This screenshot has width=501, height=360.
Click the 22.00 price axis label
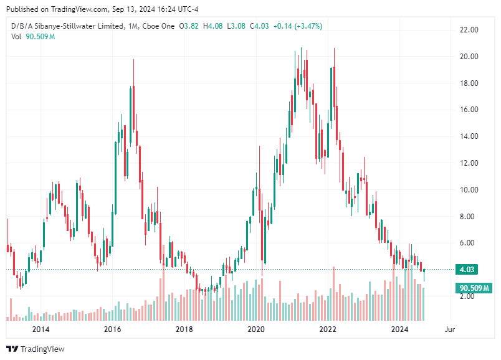point(469,30)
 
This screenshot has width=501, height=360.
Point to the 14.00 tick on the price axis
point(469,136)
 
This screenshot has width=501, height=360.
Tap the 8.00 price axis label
point(469,217)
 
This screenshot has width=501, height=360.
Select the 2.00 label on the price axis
point(469,296)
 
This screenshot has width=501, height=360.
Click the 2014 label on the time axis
point(41,329)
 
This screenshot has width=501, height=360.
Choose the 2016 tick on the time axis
point(112,329)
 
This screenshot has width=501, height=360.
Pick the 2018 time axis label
point(184,329)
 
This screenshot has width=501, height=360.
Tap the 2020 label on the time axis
point(255,329)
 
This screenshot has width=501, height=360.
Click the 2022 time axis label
point(328,329)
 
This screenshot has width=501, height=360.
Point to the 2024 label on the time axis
point(399,329)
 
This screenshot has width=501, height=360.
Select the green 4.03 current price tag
point(467,270)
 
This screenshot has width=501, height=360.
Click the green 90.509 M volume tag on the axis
point(475,288)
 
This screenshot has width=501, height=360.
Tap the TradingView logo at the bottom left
point(36,349)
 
